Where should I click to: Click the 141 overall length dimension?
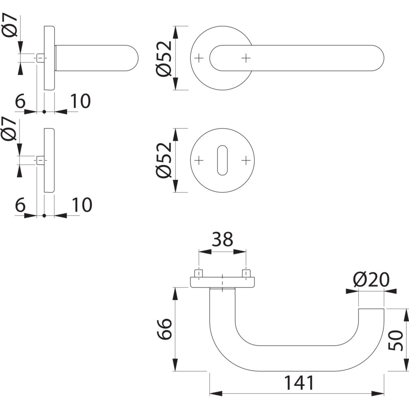point(299,383)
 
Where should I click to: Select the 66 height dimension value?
point(165,329)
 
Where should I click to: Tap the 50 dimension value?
point(395,340)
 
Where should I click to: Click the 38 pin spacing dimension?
point(222,239)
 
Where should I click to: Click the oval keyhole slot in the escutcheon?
point(222,160)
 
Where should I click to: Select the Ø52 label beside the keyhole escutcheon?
point(165,160)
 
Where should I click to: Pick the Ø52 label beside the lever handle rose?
point(165,58)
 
